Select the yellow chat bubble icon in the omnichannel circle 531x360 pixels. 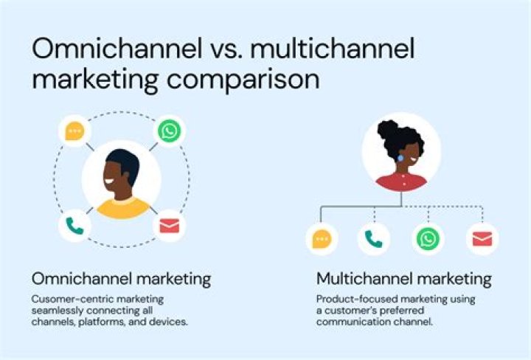tap(74, 131)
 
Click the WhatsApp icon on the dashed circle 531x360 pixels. tap(169, 131)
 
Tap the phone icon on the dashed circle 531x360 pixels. tap(74, 226)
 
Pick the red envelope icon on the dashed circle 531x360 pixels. tap(170, 226)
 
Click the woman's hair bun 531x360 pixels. tap(389, 131)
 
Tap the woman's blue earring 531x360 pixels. tap(400, 157)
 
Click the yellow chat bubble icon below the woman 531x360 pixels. tap(322, 239)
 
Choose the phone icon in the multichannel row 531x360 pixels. tap(374, 239)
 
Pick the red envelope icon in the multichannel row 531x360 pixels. tap(482, 239)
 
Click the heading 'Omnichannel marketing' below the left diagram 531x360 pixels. tap(121, 279)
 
